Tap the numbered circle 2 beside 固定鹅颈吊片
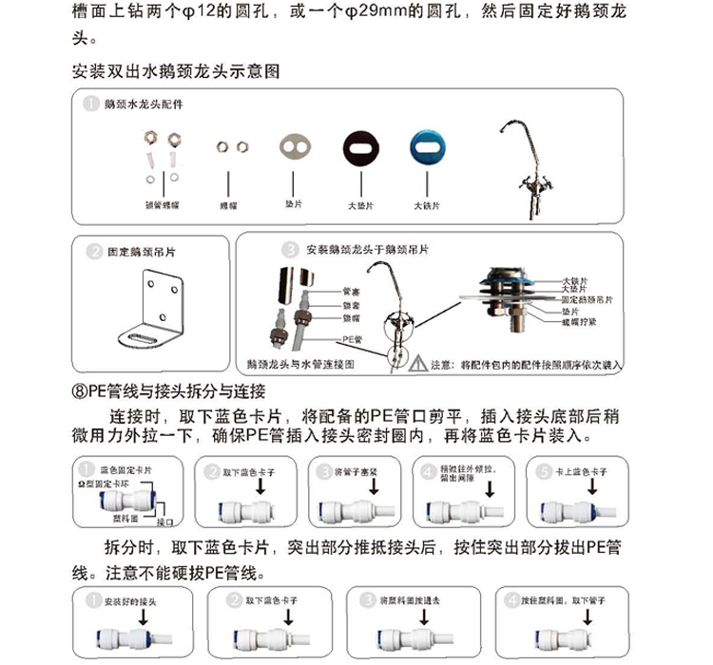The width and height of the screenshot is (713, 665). (94, 253)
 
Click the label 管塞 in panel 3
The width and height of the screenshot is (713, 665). (349, 292)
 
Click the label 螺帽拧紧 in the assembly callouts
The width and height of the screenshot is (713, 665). (582, 322)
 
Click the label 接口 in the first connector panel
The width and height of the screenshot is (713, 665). (164, 522)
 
